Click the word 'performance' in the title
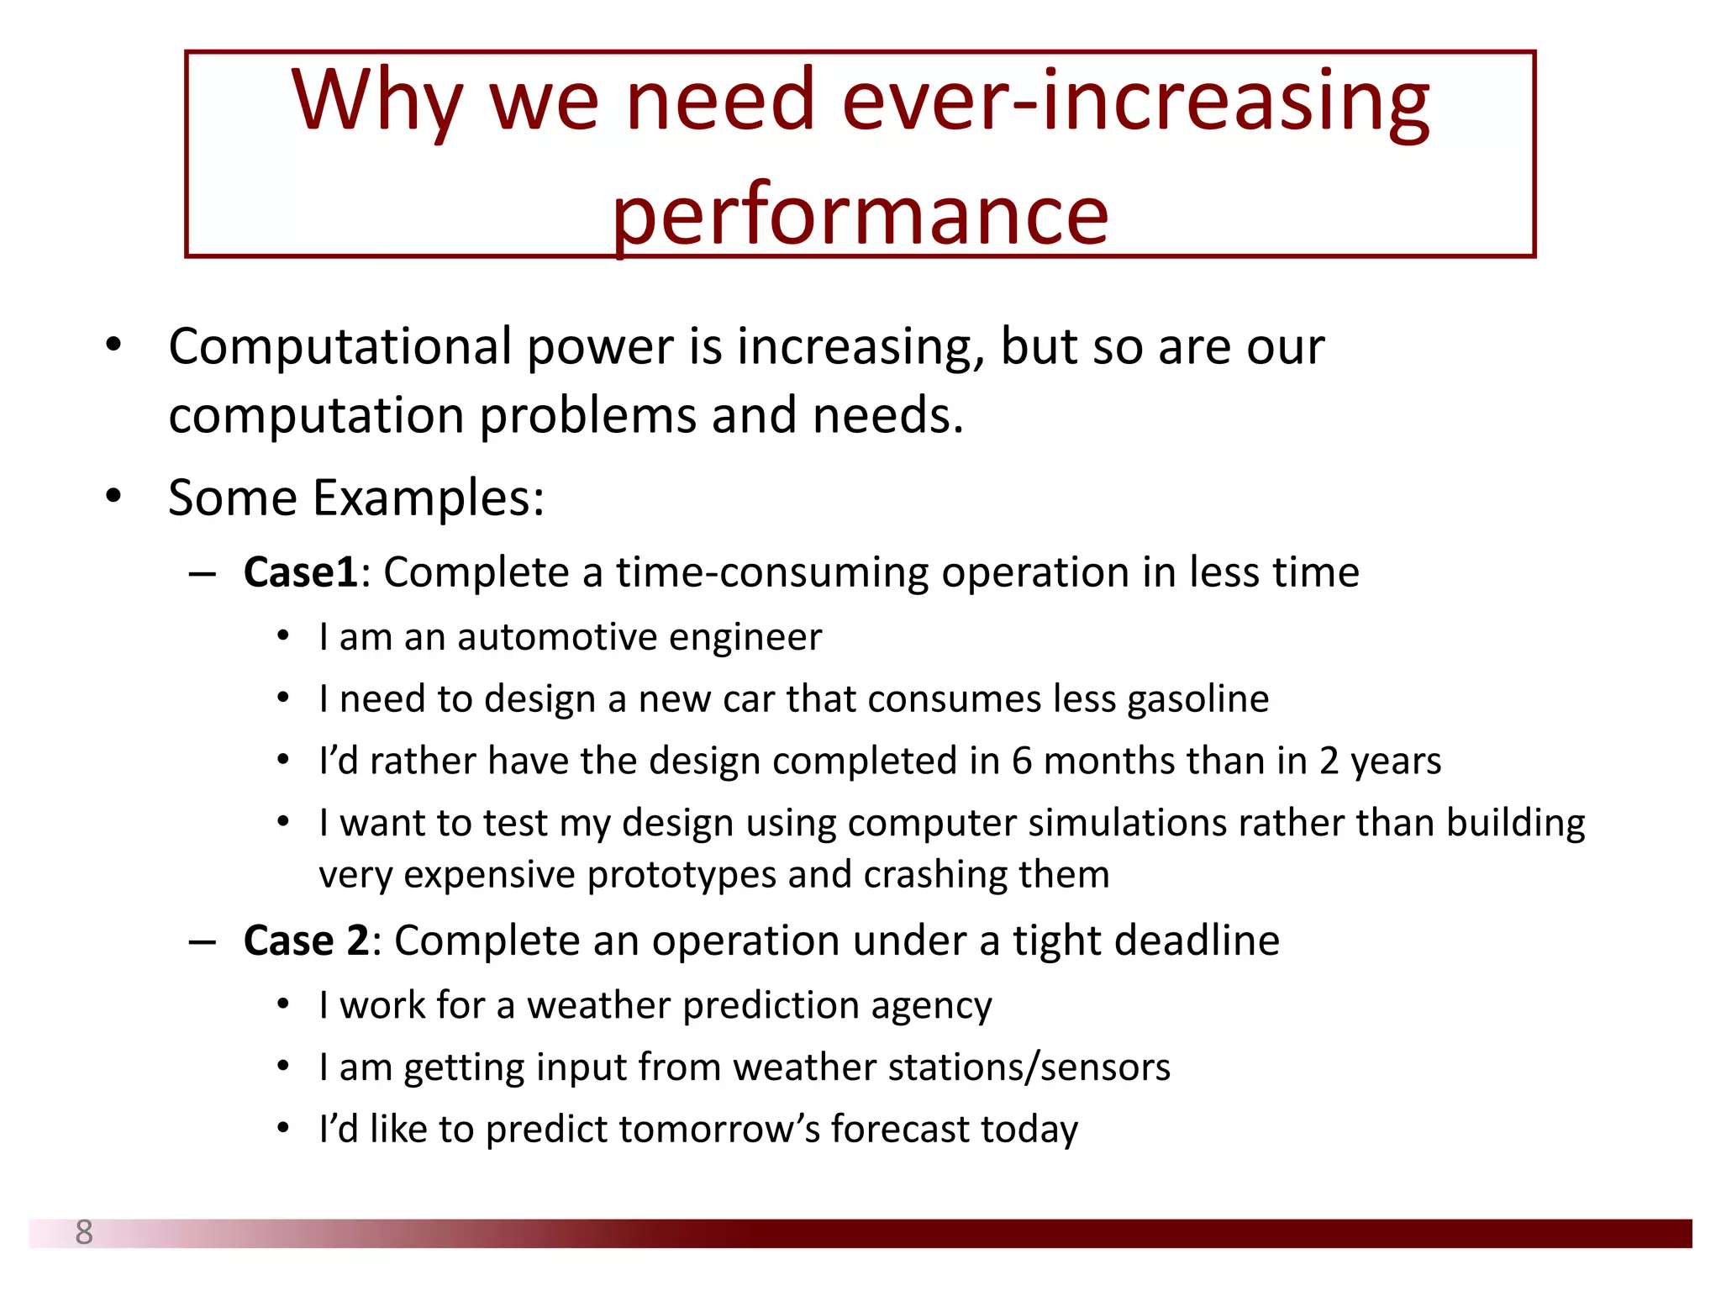[860, 217]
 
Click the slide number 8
[84, 1232]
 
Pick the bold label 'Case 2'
[306, 941]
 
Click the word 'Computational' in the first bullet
[339, 347]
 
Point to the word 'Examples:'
[429, 498]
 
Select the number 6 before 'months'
[1021, 761]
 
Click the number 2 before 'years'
[1329, 761]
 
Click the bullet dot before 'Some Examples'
[113, 496]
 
